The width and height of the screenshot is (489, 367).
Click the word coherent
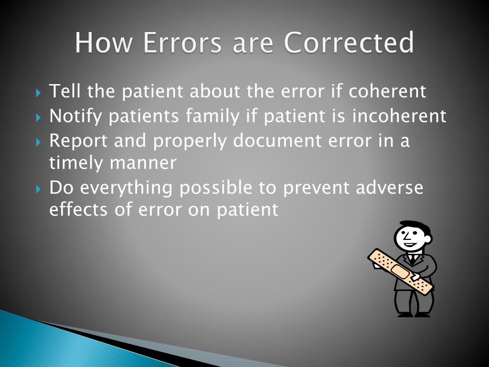[387, 91]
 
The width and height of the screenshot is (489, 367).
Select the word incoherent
[399, 116]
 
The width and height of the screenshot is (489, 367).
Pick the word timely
[76, 163]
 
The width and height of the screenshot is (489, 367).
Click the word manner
[143, 163]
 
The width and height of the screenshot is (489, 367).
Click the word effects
[76, 209]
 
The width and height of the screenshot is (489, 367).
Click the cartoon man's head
[411, 236]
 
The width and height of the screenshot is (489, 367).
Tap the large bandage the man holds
[400, 270]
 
